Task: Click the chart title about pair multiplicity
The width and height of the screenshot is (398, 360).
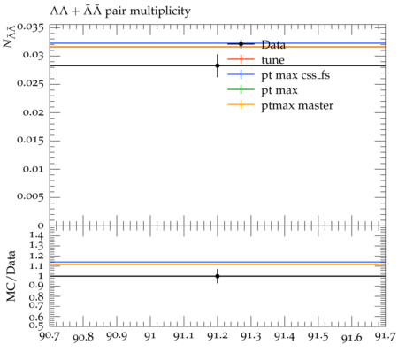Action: click(120, 11)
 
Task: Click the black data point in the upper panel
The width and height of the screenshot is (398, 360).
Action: click(218, 65)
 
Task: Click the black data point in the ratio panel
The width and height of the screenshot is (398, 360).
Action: click(218, 276)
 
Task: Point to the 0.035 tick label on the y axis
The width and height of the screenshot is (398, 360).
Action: click(31, 27)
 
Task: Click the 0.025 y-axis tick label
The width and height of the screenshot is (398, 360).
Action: click(31, 84)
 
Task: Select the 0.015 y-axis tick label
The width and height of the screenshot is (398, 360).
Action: click(31, 140)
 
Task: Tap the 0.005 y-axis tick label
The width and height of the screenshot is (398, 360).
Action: click(31, 196)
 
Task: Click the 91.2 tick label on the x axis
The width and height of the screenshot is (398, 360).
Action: click(218, 336)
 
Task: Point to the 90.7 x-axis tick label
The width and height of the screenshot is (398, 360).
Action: click(50, 335)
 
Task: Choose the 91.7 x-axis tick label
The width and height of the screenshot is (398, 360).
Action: click(385, 336)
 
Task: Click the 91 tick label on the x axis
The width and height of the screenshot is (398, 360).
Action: click(150, 336)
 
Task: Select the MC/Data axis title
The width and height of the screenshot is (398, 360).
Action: click(11, 276)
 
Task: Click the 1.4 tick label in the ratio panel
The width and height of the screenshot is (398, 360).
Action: click(36, 235)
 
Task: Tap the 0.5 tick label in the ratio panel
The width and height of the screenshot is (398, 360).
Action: click(36, 326)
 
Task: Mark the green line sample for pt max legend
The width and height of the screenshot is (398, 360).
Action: click(241, 89)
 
